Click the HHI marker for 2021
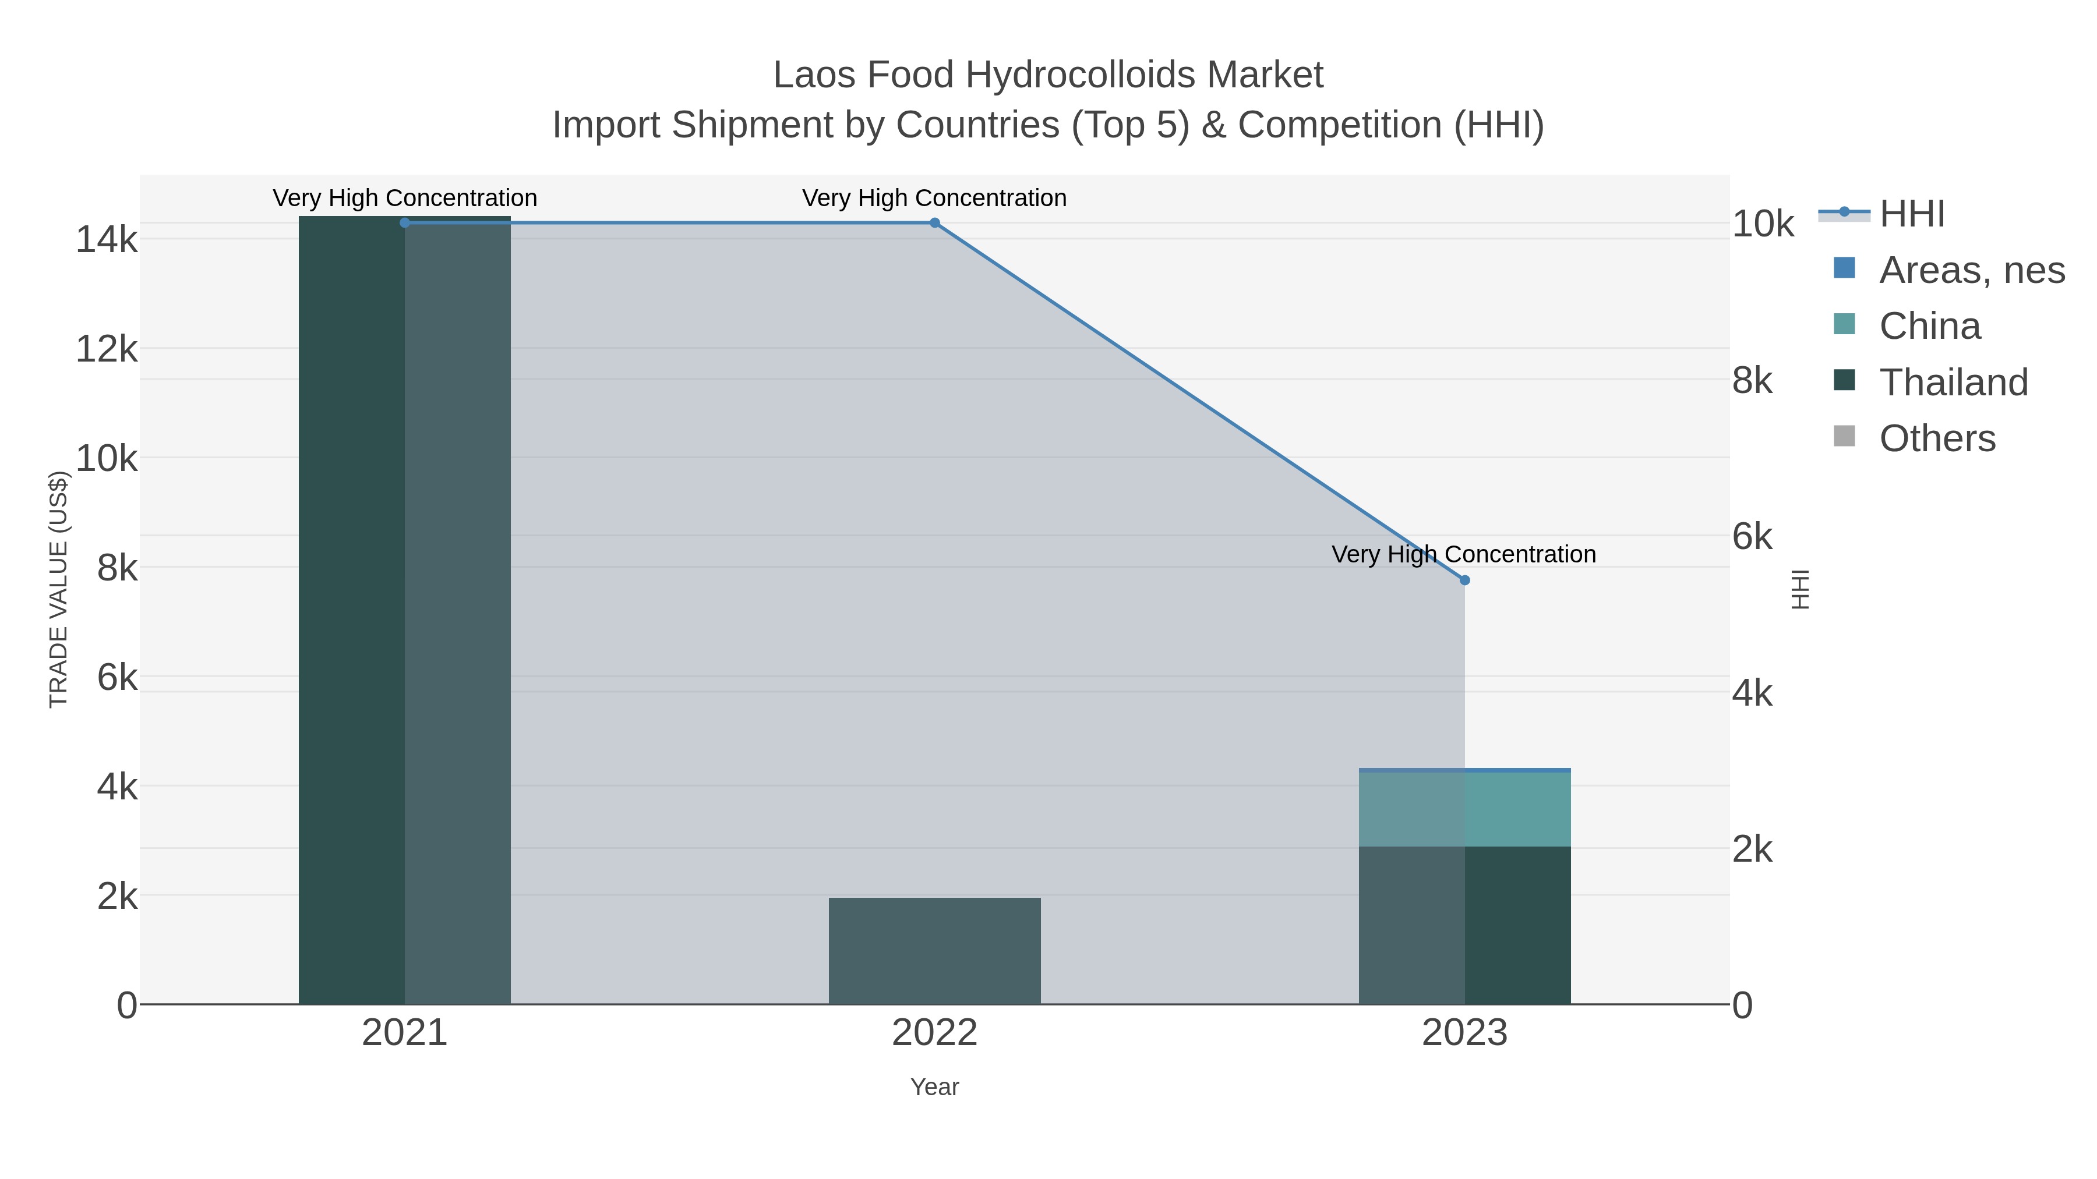(x=405, y=223)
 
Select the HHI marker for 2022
(x=934, y=223)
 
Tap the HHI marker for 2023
(x=1464, y=580)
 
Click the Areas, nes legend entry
(x=1971, y=270)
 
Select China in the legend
(x=1929, y=326)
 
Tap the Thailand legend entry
(x=1953, y=383)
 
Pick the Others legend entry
(x=1937, y=438)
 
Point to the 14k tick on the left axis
(x=107, y=240)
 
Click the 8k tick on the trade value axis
(x=117, y=568)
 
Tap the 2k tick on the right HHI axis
(x=1752, y=849)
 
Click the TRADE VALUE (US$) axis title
(x=59, y=589)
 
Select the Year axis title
(x=934, y=1087)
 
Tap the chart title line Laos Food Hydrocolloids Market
(x=1048, y=75)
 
